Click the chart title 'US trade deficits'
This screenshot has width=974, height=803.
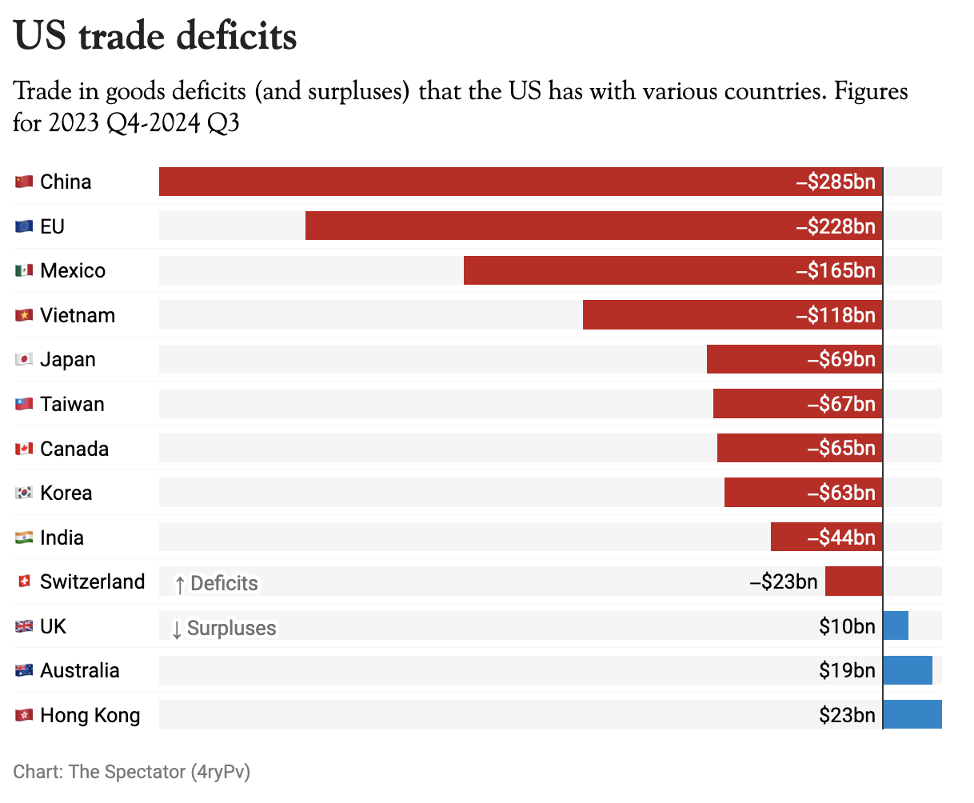(x=155, y=37)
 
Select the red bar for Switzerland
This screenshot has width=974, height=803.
(x=853, y=581)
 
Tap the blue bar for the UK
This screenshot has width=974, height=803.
(x=896, y=625)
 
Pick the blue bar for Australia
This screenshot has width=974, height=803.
(x=908, y=670)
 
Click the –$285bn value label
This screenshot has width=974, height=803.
(x=836, y=182)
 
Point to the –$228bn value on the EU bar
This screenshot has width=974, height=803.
(x=836, y=226)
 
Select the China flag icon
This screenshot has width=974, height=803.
(x=24, y=182)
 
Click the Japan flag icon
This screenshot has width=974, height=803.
(x=24, y=360)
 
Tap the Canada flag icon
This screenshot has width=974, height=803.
(x=24, y=449)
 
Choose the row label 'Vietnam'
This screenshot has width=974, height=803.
(x=78, y=315)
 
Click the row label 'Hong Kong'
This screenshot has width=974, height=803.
(x=90, y=715)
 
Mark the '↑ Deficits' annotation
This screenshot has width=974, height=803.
(x=216, y=584)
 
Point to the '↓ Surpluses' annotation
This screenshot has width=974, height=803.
(x=224, y=629)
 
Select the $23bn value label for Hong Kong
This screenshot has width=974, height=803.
(x=847, y=715)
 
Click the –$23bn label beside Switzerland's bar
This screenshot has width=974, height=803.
(x=784, y=581)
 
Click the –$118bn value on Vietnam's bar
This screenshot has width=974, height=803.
(x=836, y=315)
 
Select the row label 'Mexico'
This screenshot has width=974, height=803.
(x=73, y=270)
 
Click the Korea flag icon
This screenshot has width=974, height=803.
(x=24, y=493)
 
